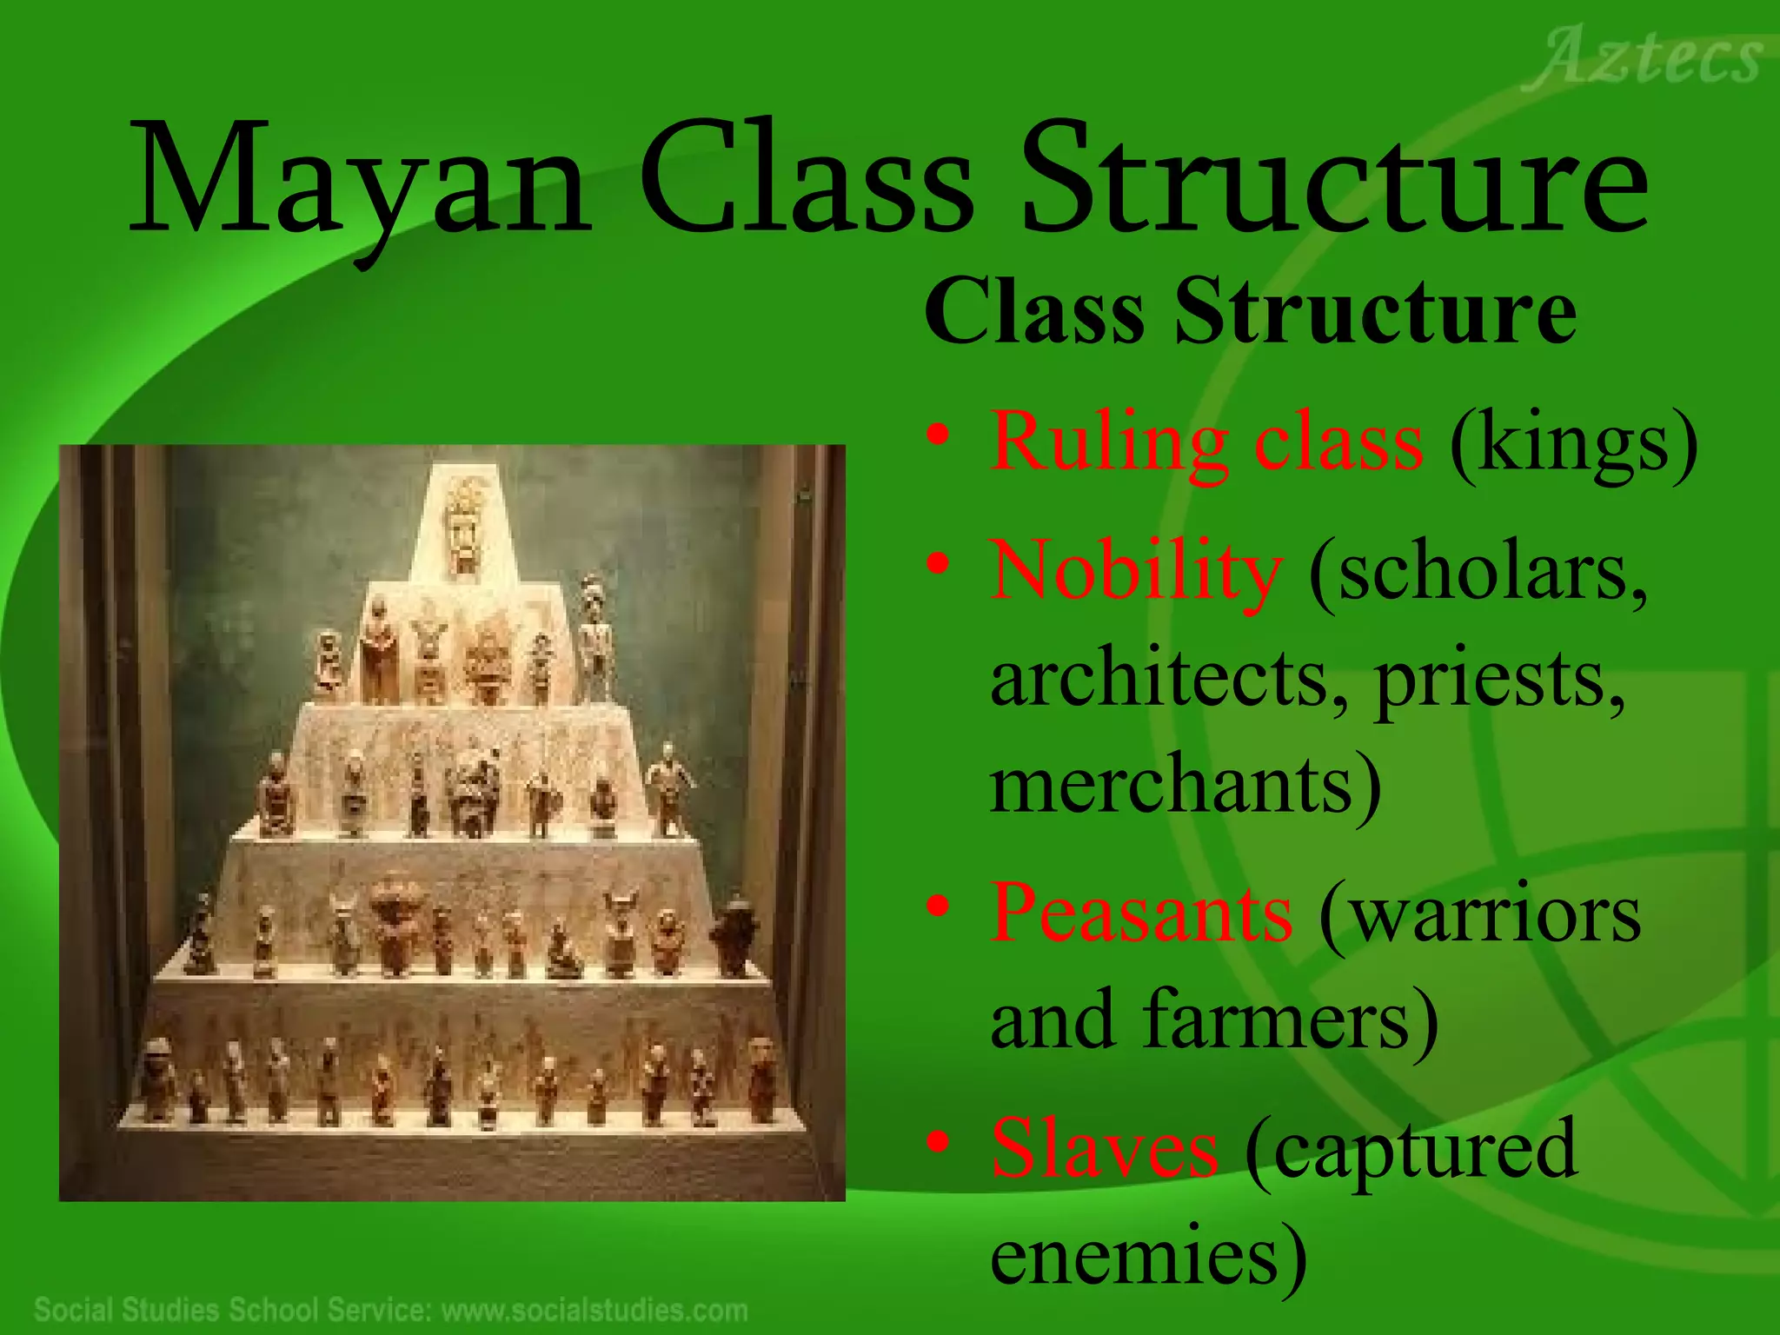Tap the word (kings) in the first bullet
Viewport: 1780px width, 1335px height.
(x=1573, y=443)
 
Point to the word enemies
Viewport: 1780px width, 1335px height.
(x=1147, y=1255)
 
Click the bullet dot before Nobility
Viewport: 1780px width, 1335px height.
(x=937, y=566)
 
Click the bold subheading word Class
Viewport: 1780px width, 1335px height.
(x=1034, y=312)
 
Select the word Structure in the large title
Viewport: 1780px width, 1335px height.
(x=1333, y=183)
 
